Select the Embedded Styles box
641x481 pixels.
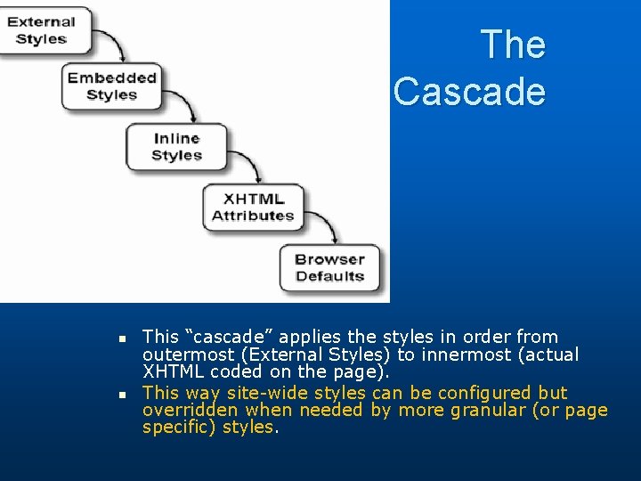tap(111, 86)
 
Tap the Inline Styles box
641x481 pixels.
tap(175, 147)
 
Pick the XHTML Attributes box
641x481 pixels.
tap(252, 207)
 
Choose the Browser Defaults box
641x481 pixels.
tap(329, 267)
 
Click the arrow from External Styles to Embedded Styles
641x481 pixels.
tap(114, 43)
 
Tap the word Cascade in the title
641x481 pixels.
tap(469, 91)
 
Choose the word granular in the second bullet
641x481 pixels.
tap(488, 410)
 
